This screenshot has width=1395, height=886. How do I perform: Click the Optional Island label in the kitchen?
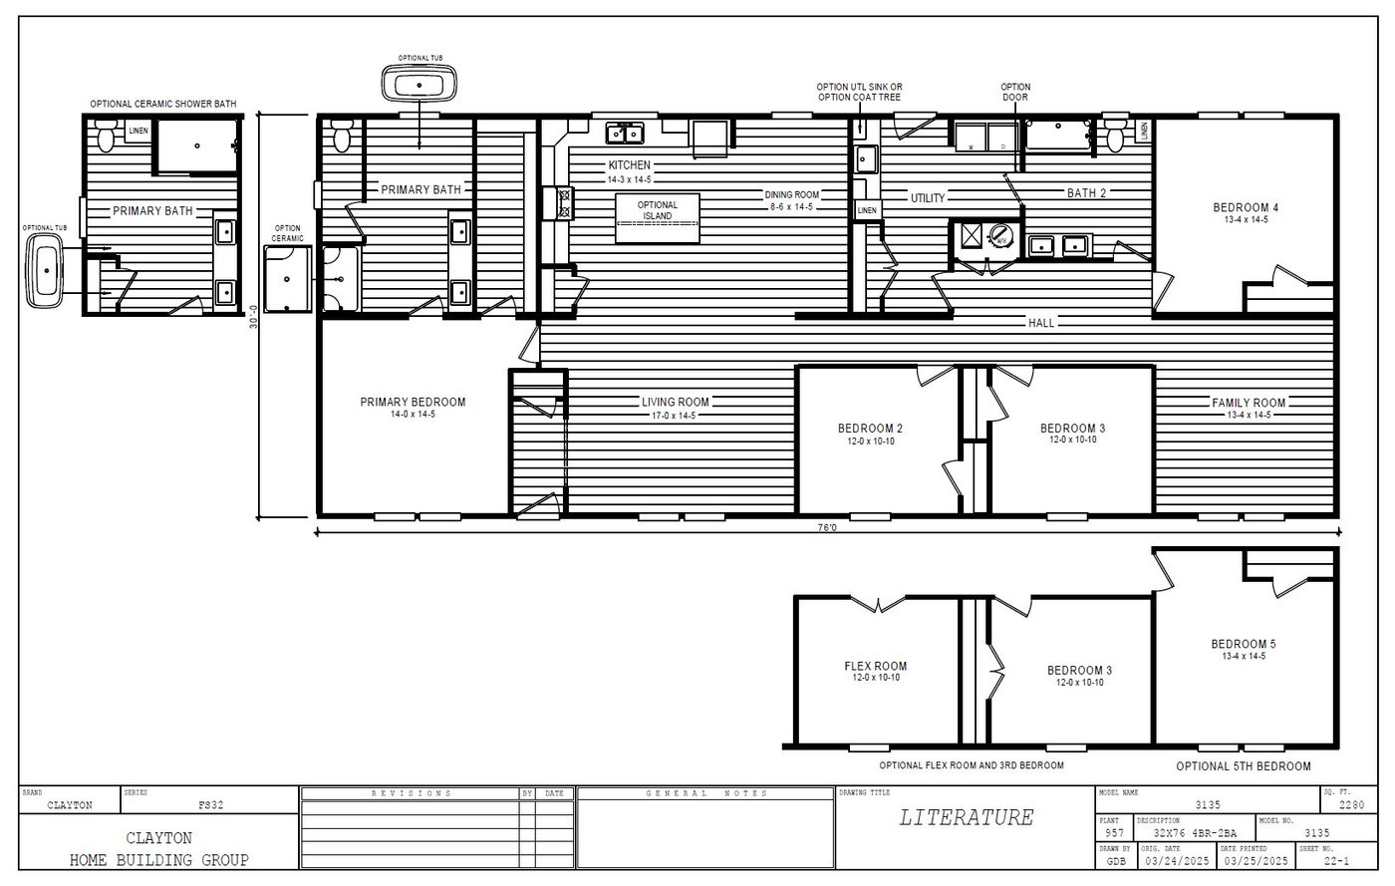pyautogui.click(x=657, y=210)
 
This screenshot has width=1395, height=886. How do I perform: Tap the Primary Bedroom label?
pyautogui.click(x=413, y=403)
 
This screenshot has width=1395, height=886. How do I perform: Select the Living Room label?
pyautogui.click(x=675, y=403)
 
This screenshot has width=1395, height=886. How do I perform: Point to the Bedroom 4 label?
pyautogui.click(x=1246, y=208)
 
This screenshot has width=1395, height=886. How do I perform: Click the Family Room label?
pyautogui.click(x=1249, y=403)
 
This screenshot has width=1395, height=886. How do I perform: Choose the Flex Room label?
pyautogui.click(x=875, y=667)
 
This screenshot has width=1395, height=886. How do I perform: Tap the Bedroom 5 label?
pyautogui.click(x=1244, y=644)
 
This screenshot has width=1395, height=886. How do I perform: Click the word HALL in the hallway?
pyautogui.click(x=1041, y=323)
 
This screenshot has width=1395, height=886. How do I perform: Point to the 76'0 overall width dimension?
pyautogui.click(x=826, y=529)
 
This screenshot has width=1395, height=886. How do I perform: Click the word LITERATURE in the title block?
pyautogui.click(x=966, y=818)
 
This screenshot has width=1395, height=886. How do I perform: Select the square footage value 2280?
pyautogui.click(x=1350, y=805)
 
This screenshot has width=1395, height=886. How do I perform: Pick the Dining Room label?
pyautogui.click(x=792, y=194)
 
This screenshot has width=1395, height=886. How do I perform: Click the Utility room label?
pyautogui.click(x=928, y=198)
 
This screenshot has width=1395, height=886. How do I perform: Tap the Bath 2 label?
pyautogui.click(x=1086, y=193)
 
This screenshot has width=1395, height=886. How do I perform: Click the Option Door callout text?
pyautogui.click(x=1015, y=93)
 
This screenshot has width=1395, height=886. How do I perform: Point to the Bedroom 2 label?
pyautogui.click(x=870, y=430)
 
